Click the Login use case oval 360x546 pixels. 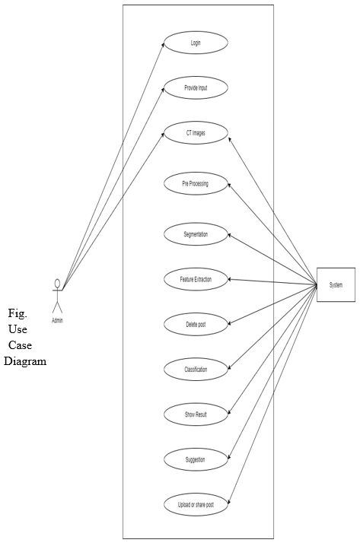(196, 43)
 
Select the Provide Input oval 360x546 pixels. (196, 87)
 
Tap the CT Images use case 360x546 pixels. (196, 132)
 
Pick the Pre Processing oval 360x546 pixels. (196, 183)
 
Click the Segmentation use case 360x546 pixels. (196, 234)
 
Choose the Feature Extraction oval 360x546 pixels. (196, 279)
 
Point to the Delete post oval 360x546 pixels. (196, 324)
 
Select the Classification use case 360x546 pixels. (196, 370)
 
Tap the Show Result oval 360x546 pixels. (196, 414)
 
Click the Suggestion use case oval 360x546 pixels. (196, 459)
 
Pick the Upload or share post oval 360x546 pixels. (196, 505)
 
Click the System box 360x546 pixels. (336, 285)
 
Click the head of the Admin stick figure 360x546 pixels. (58, 282)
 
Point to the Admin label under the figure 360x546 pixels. (58, 320)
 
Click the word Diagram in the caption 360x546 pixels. (25, 361)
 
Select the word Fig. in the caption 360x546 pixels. (18, 314)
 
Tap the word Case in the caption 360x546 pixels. (21, 345)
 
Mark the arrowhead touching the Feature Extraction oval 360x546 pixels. (231, 279)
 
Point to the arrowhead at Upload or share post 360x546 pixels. (229, 502)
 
